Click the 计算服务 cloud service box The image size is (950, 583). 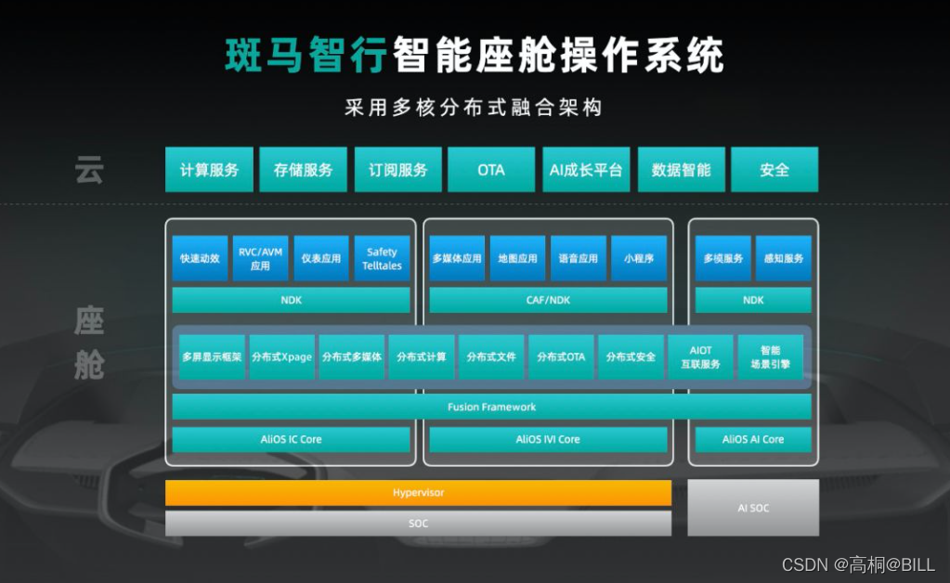(209, 170)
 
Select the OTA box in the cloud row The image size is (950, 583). (491, 170)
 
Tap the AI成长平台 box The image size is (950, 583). (586, 170)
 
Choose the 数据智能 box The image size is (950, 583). (681, 170)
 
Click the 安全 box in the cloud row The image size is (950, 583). (774, 170)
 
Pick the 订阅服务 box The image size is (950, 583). (397, 170)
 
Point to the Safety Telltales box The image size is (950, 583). (382, 258)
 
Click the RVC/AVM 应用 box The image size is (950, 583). (260, 258)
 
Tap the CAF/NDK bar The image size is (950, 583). (547, 300)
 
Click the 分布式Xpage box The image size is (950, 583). (282, 357)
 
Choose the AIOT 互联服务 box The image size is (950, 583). (700, 357)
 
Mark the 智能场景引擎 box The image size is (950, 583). (770, 357)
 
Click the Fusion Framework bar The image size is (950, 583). (491, 407)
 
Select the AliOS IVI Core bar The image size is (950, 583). (547, 439)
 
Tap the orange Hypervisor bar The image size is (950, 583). (418, 493)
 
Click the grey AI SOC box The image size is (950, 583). (752, 508)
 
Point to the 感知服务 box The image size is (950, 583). (781, 258)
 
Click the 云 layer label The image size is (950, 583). (89, 171)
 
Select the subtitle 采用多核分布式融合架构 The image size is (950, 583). (474, 108)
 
